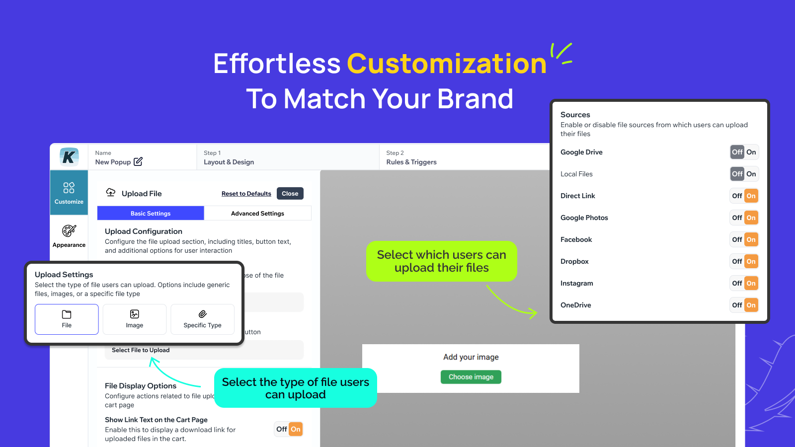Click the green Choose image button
(x=471, y=377)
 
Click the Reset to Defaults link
(x=246, y=194)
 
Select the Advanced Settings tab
(x=257, y=214)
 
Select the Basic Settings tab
(x=151, y=214)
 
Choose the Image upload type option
(x=134, y=319)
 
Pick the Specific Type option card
(x=202, y=319)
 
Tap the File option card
(x=67, y=319)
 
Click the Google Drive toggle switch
(x=744, y=152)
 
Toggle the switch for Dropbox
(x=744, y=262)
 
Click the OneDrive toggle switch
(x=744, y=305)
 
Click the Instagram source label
(x=576, y=284)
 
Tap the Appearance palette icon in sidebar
(x=69, y=231)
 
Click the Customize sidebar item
(x=69, y=193)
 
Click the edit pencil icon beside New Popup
(x=138, y=161)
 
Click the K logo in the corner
(x=69, y=157)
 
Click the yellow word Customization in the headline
(x=446, y=64)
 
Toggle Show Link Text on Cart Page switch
(x=289, y=429)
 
